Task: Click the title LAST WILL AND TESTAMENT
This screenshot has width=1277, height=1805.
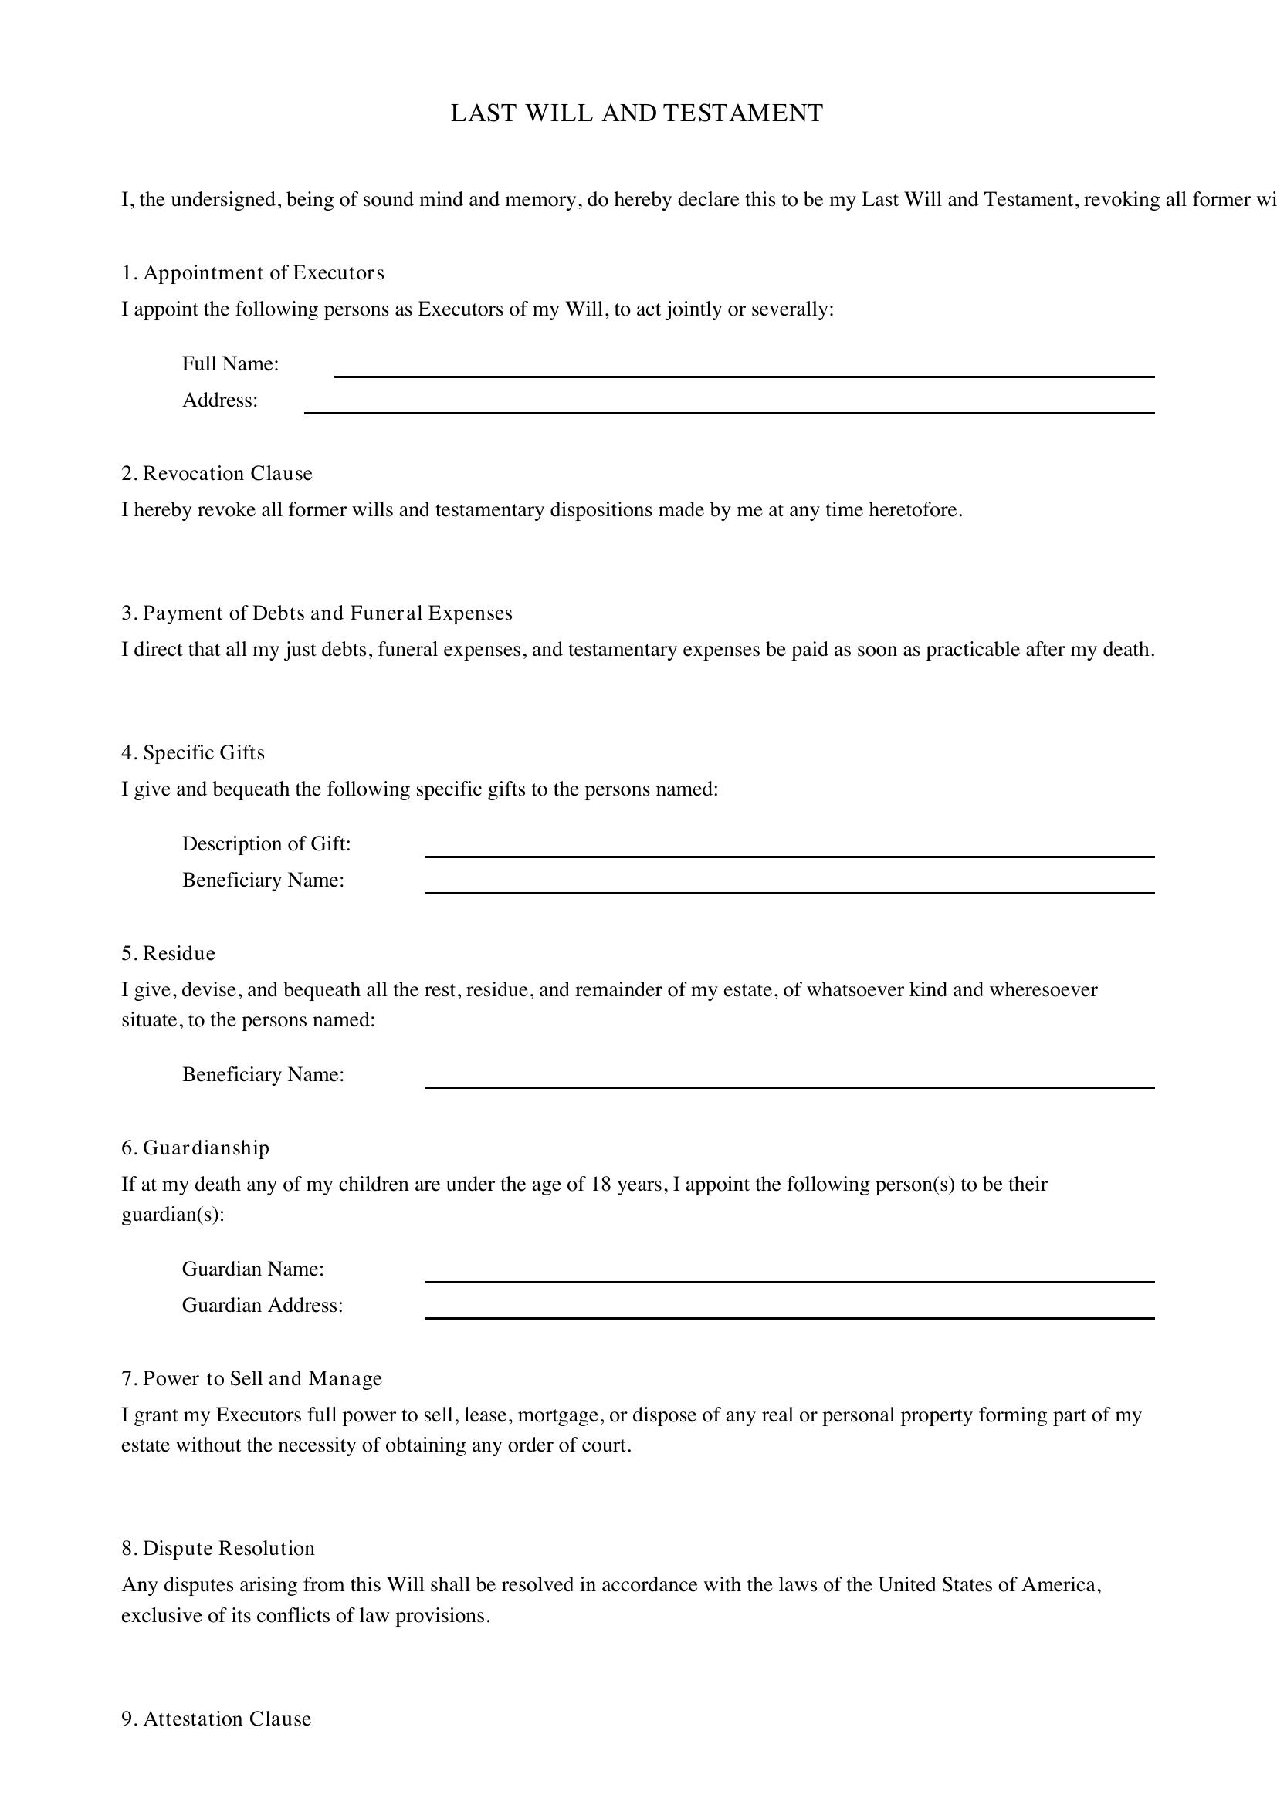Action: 637,113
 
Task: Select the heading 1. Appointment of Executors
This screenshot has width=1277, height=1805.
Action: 252,272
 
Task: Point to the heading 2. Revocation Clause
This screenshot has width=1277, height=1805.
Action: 217,473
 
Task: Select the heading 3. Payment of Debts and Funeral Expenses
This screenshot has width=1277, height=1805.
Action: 317,613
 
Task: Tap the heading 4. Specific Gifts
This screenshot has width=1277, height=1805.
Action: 193,753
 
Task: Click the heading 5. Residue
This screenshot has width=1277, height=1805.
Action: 168,954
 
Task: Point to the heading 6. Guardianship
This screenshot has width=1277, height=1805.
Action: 195,1148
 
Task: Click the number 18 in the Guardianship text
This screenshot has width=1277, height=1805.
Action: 601,1184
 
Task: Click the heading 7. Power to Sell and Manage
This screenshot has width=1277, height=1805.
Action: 252,1379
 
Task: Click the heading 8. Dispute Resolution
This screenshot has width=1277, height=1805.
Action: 218,1549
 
